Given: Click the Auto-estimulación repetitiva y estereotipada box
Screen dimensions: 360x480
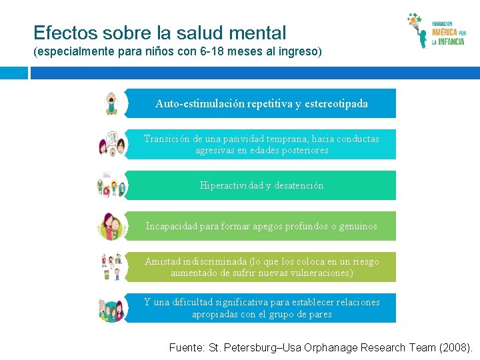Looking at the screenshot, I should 261,103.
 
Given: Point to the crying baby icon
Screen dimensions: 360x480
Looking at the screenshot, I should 111,103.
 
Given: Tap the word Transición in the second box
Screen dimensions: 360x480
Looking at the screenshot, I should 167,139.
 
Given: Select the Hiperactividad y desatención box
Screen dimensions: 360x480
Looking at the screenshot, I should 261,185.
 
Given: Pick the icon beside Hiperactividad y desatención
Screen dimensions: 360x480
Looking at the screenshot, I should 110,185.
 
